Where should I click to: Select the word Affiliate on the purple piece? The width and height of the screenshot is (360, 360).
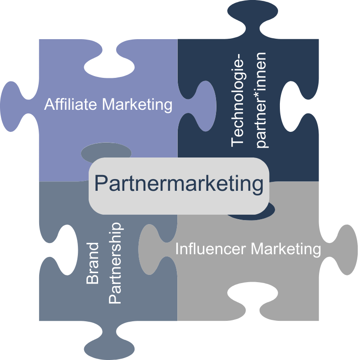click(x=71, y=105)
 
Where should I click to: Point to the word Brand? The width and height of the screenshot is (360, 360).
click(x=93, y=263)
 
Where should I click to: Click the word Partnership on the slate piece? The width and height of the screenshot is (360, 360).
click(x=116, y=263)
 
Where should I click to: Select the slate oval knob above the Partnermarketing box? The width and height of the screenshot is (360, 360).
click(x=106, y=152)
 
